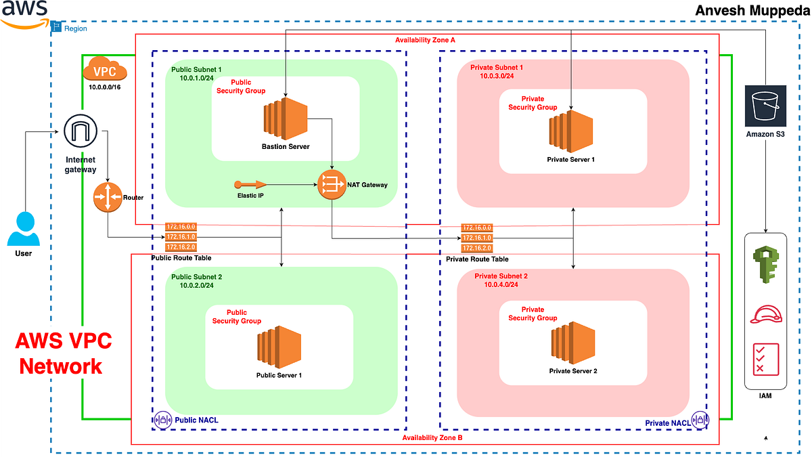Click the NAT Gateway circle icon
(332, 184)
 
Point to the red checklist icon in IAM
(765, 358)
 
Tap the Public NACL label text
(196, 420)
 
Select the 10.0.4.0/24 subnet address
(501, 285)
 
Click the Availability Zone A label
(425, 40)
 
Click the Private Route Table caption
(477, 259)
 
